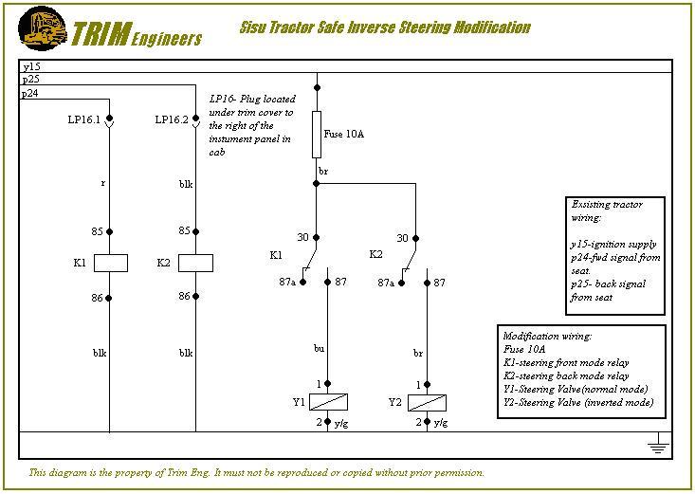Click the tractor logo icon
[x=43, y=27]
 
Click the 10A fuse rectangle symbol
[x=317, y=134]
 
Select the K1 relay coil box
[x=110, y=263]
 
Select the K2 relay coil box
[x=195, y=263]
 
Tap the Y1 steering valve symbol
[x=327, y=401]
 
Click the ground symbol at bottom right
[x=654, y=443]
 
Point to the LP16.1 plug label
[x=83, y=120]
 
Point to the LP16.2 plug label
[x=172, y=120]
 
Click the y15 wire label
[x=31, y=67]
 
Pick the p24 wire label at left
[x=31, y=93]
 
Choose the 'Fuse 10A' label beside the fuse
[x=344, y=135]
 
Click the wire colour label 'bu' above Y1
[x=320, y=349]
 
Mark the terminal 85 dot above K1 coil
[x=110, y=231]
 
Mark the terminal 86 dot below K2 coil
[x=195, y=297]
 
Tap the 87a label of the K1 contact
[x=287, y=283]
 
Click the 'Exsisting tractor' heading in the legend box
[x=607, y=204]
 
